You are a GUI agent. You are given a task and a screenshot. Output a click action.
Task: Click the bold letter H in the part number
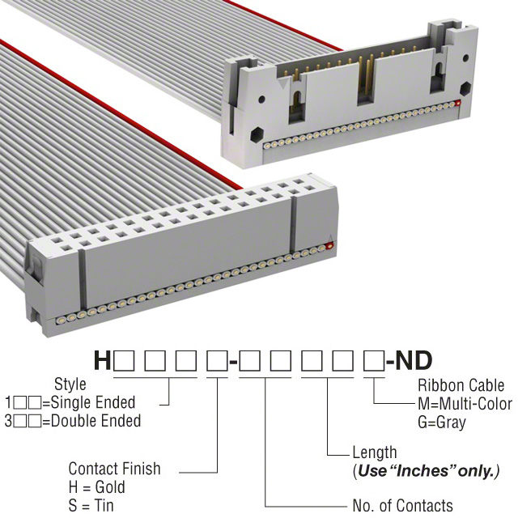102,360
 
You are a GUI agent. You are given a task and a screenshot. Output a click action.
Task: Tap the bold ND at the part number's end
414,360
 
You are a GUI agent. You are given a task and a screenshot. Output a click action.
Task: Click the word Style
70,384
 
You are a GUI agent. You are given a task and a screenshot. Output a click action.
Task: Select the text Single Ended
93,403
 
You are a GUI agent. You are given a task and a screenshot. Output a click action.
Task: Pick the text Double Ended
96,421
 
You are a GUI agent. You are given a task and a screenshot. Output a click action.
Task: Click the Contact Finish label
114,469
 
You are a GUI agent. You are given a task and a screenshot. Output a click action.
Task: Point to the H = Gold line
97,487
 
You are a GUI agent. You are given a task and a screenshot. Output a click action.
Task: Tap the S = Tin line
91,506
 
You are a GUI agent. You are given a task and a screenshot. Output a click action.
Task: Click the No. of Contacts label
403,505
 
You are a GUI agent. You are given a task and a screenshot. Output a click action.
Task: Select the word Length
375,453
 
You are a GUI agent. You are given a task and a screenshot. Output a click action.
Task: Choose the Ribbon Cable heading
461,385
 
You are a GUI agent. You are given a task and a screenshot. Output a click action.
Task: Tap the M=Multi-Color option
465,404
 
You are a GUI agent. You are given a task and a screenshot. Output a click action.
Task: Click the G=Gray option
442,422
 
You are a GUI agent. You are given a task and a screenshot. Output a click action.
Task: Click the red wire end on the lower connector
329,246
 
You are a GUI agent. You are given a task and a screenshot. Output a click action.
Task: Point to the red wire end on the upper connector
458,103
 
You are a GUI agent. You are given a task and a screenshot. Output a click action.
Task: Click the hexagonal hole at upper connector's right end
465,88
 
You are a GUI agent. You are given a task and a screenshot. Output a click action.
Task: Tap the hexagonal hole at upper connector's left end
257,135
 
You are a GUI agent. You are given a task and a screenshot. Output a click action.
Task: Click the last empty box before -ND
374,361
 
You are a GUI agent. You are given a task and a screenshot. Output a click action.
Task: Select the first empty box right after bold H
124,361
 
